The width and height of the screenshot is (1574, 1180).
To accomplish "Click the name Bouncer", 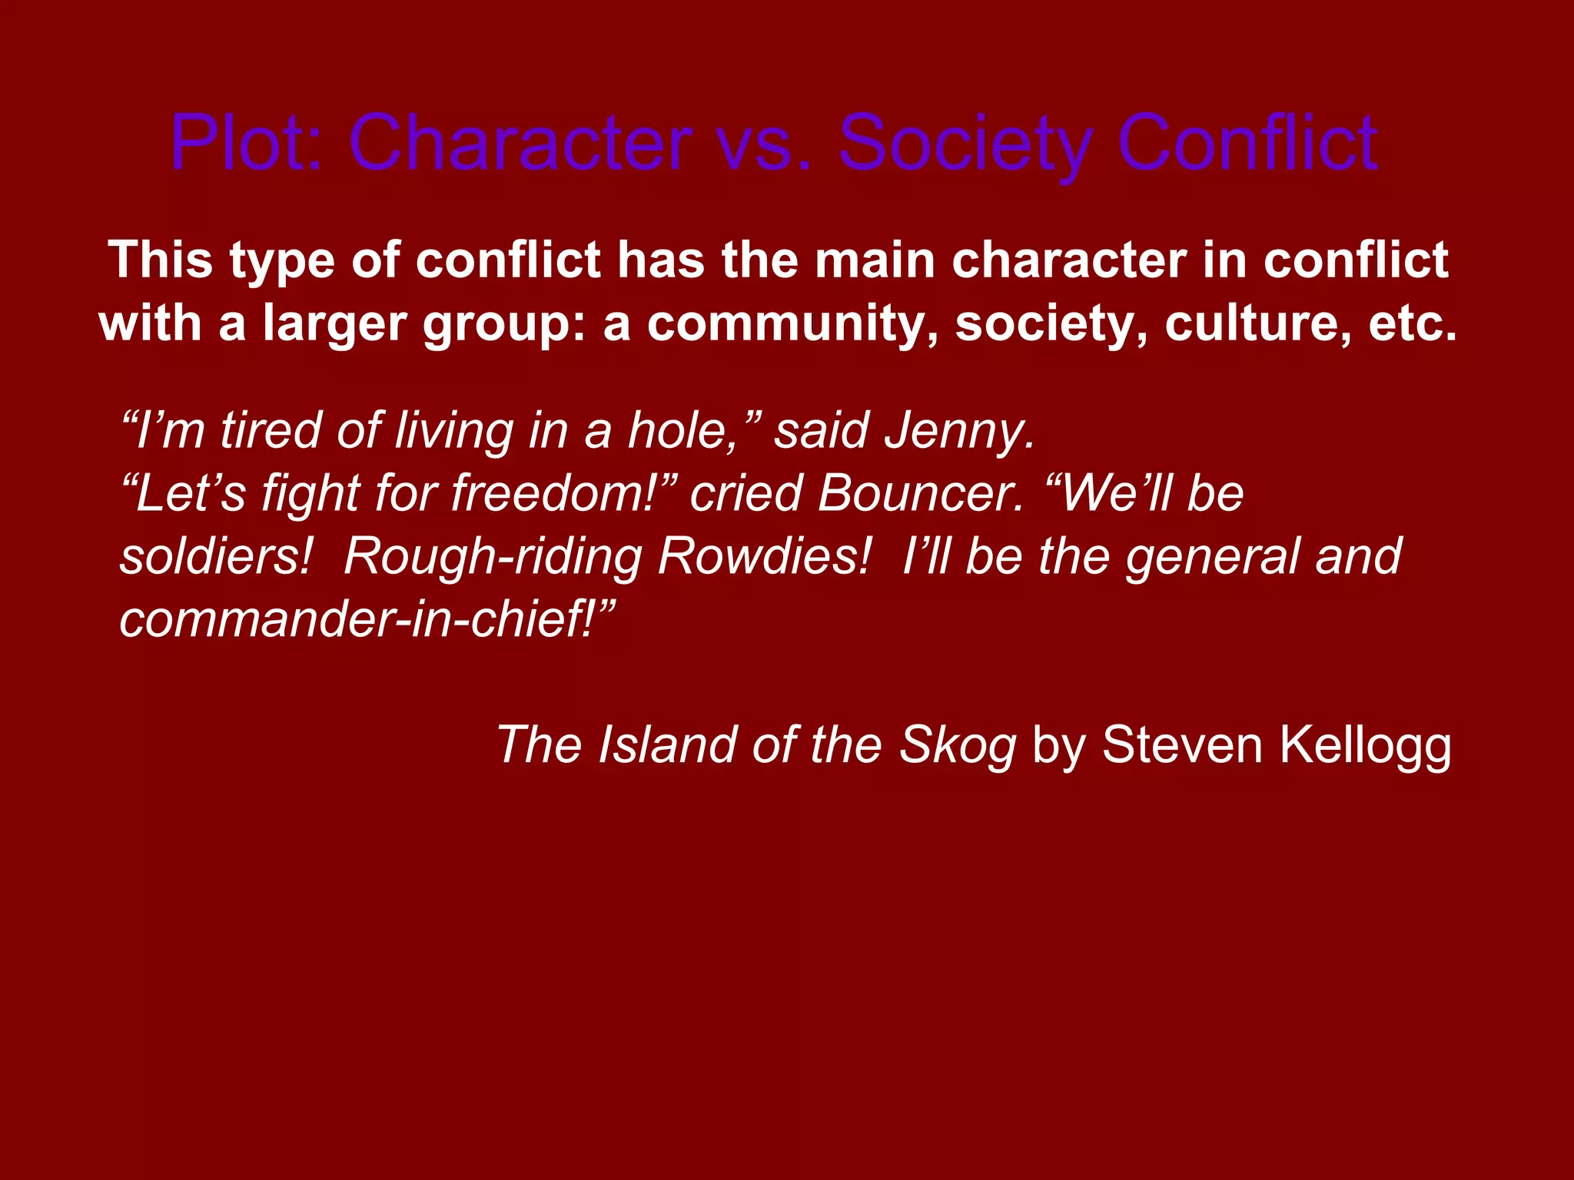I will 921,493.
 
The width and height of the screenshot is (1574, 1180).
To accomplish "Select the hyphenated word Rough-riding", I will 492,558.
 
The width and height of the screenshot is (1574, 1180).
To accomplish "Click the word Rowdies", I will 764,556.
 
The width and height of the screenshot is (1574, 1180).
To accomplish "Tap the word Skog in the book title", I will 958,745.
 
